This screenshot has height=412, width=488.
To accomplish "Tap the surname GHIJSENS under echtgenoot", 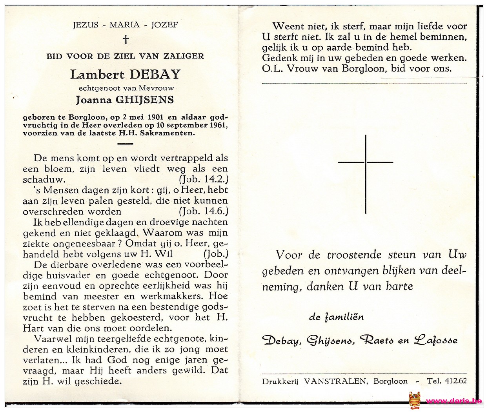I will tap(144, 100).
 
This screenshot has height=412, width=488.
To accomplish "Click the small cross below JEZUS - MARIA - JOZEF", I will tap(126, 39).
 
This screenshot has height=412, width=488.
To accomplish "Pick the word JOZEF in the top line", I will tap(165, 25).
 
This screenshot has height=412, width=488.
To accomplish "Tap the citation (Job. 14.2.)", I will tap(203, 180).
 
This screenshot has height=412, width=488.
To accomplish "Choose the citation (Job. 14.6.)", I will tap(203, 211).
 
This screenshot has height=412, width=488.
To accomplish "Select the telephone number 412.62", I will tap(455, 381).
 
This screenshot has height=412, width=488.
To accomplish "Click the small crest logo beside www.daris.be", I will tap(414, 400).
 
